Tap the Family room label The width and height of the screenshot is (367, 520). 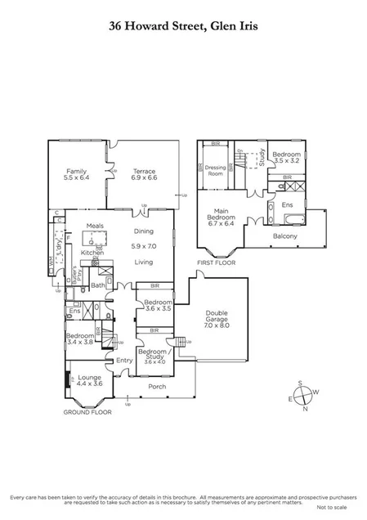click(76, 174)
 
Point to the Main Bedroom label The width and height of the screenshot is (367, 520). click(223, 217)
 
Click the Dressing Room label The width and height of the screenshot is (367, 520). click(216, 170)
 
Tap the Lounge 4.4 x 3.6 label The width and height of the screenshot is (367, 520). click(89, 380)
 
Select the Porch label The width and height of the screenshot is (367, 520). click(156, 387)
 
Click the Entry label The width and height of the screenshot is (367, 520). click(124, 360)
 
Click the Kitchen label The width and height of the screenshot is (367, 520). click(92, 253)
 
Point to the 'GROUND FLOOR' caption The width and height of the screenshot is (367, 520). click(87, 413)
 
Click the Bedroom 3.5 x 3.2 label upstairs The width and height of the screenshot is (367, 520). click(287, 157)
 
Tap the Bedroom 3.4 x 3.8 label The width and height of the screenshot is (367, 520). click(79, 340)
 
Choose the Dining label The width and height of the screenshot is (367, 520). click(144, 231)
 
